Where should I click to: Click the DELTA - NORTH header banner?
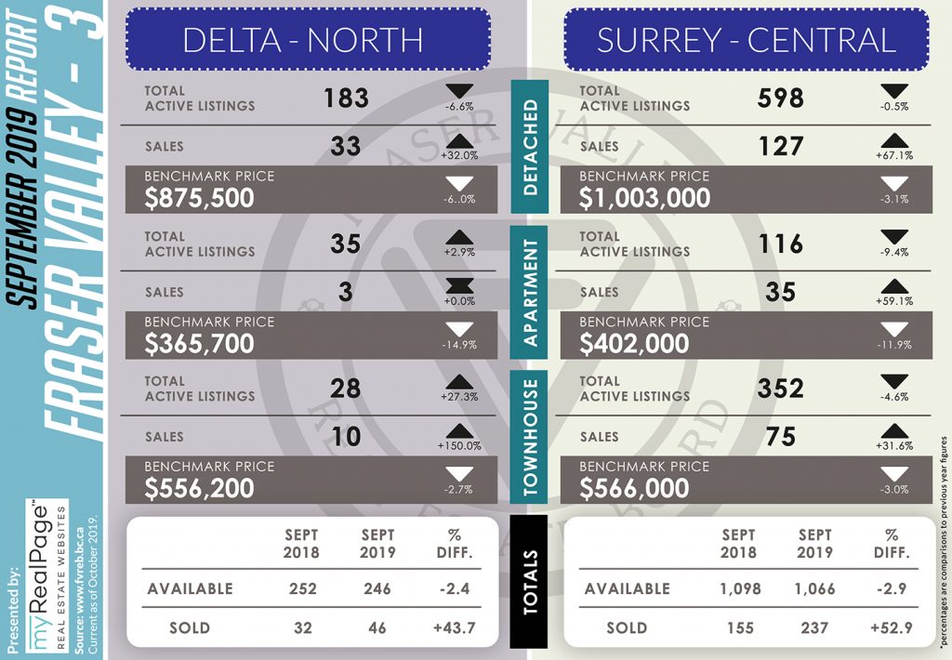tap(308, 39)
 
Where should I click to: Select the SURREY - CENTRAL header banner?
tap(747, 39)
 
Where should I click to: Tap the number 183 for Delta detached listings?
tap(346, 98)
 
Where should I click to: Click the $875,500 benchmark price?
tap(199, 198)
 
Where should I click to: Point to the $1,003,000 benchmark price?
tap(645, 198)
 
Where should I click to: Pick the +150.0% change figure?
tap(459, 445)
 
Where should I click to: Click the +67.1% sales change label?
tap(893, 155)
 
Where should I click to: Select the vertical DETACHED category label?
tap(530, 147)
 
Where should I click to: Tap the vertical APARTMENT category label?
tap(530, 292)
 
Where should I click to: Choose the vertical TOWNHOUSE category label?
tap(530, 437)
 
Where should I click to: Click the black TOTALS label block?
tap(530, 582)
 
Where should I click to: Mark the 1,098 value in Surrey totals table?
tap(739, 588)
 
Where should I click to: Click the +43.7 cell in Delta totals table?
tap(456, 627)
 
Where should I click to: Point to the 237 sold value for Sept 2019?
tap(814, 627)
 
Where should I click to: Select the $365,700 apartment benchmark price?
tap(199, 344)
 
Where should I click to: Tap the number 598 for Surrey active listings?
tap(780, 98)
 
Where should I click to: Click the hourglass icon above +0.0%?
tap(459, 286)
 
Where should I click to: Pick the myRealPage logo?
tap(46, 577)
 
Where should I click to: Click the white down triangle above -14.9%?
tap(459, 329)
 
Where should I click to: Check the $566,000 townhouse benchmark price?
tap(634, 488)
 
